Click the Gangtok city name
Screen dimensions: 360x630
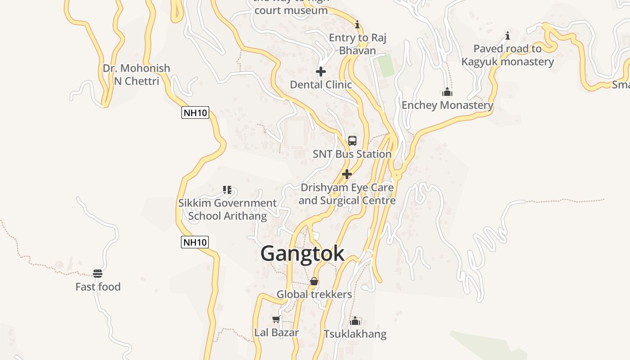tap(302, 253)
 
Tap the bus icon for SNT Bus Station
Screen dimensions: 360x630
tap(352, 140)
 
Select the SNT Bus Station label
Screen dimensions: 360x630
tap(352, 154)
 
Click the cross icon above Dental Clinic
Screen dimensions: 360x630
tap(321, 72)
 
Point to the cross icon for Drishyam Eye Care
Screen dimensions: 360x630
tap(346, 174)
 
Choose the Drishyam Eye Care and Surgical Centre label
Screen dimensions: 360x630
tap(346, 194)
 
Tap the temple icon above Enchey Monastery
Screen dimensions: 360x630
tap(447, 92)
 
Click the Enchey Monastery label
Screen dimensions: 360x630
tap(447, 105)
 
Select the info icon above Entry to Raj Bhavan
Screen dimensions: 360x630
tap(357, 24)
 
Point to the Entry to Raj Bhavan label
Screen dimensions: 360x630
tap(357, 44)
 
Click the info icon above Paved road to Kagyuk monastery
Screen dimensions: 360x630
tap(508, 36)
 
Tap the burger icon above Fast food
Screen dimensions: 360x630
tap(98, 274)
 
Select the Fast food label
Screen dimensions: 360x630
tap(98, 287)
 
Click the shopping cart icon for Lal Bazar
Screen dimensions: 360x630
tap(276, 319)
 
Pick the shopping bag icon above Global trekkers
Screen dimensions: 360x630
tap(314, 282)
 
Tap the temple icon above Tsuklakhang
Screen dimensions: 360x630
tap(355, 321)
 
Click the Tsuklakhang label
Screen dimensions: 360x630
tap(355, 334)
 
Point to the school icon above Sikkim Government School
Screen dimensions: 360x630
tap(227, 190)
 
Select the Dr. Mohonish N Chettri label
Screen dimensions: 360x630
tap(136, 75)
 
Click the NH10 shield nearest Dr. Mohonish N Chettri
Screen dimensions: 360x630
tap(195, 112)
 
